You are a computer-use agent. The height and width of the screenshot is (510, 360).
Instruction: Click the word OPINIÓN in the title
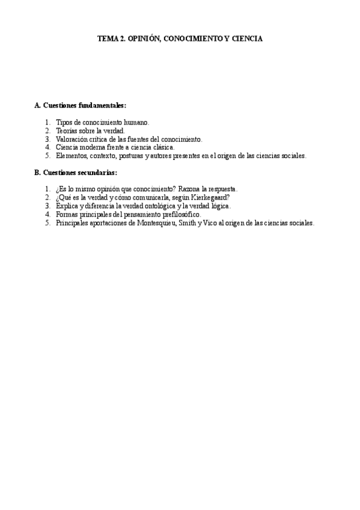click(144, 38)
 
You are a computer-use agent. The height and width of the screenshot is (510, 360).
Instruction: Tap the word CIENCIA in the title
click(245, 38)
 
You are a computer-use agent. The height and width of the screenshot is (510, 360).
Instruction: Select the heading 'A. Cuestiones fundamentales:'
click(81, 105)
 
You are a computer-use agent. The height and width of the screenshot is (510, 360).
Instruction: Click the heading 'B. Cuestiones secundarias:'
click(76, 173)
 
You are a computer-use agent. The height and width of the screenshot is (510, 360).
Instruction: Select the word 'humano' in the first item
click(136, 122)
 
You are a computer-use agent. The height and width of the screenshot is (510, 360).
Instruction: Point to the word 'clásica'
click(162, 147)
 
